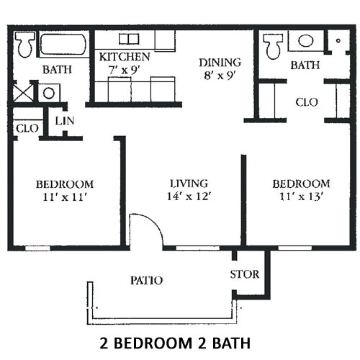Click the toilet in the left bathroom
pyautogui.click(x=24, y=45)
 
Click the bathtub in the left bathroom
pyautogui.click(x=63, y=44)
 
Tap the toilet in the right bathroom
pyautogui.click(x=273, y=46)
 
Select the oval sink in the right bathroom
pyautogui.click(x=306, y=41)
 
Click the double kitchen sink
pyautogui.click(x=129, y=39)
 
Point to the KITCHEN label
pyautogui.click(x=125, y=57)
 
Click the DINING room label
pyautogui.click(x=220, y=63)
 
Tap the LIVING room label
pyautogui.click(x=189, y=184)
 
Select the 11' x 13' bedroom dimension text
pyautogui.click(x=301, y=197)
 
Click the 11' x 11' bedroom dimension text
pyautogui.click(x=65, y=197)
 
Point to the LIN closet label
pyautogui.click(x=65, y=121)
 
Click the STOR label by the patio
pyautogui.click(x=245, y=274)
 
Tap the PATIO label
pyautogui.click(x=147, y=280)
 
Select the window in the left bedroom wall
pyautogui.click(x=37, y=248)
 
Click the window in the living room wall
pyautogui.click(x=198, y=248)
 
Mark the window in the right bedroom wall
pyautogui.click(x=295, y=248)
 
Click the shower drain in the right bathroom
pyautogui.click(x=338, y=40)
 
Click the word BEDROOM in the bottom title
pyautogui.click(x=153, y=343)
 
